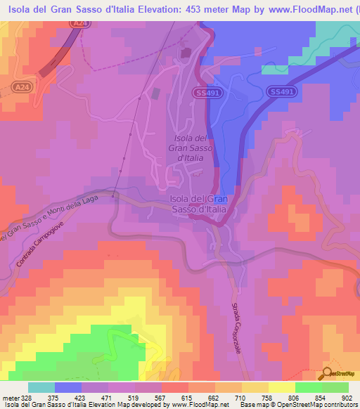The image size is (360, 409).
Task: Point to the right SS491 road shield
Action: [x=281, y=92]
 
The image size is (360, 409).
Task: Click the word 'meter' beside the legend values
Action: [x=10, y=398]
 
